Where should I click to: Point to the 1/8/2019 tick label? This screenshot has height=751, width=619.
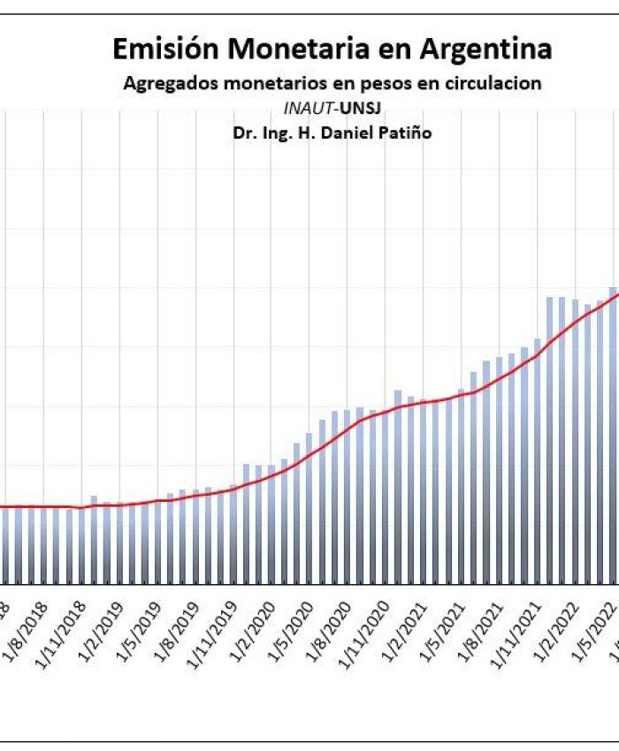point(180,627)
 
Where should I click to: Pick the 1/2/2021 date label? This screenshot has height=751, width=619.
point(409,627)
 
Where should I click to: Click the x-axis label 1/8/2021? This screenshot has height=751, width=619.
point(485,627)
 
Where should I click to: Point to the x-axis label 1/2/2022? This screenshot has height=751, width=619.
point(561,627)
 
